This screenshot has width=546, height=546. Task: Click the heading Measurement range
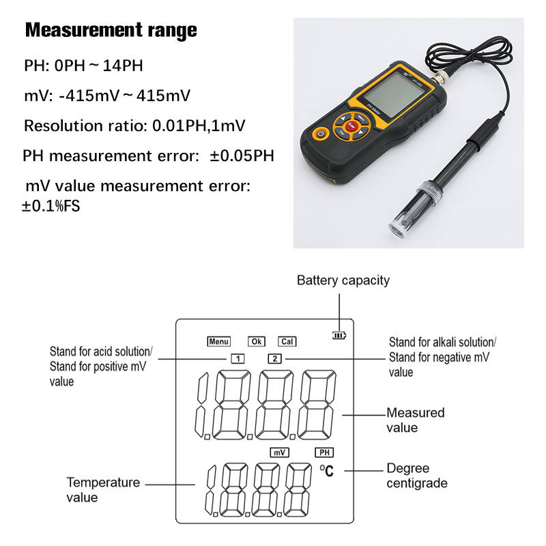(x=111, y=31)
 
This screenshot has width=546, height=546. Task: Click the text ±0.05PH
(x=242, y=156)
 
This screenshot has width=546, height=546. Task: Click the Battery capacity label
(x=343, y=281)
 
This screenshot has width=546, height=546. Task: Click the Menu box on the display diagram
(x=219, y=341)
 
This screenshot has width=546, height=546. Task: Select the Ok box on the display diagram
(x=256, y=341)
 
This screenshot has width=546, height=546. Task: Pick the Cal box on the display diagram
(x=287, y=341)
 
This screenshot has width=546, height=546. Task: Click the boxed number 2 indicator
(x=273, y=358)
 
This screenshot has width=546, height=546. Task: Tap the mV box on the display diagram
(x=280, y=452)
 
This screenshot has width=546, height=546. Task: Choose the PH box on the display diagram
(x=324, y=452)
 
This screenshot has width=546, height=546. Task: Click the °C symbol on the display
(x=327, y=470)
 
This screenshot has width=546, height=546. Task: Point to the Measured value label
(x=415, y=420)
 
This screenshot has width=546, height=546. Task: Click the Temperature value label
(x=102, y=489)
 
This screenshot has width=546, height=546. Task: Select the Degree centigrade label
(x=417, y=476)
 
